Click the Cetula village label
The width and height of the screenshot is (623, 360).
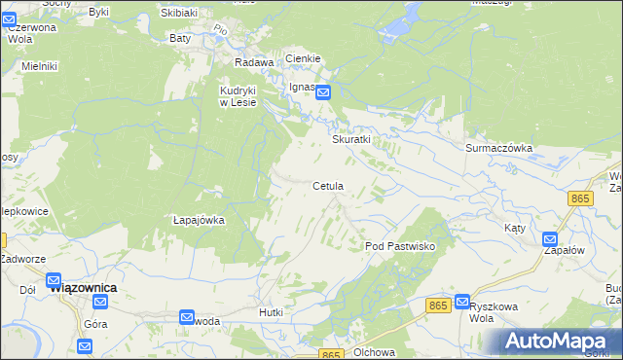328,186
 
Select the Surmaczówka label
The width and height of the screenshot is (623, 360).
498,148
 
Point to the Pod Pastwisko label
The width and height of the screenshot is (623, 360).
406,246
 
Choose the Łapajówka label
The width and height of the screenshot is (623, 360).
198,220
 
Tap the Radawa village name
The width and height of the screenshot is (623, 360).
253,61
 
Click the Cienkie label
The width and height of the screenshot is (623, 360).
304,59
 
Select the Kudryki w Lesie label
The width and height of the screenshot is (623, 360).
238,95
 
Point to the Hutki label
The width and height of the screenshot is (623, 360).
271,312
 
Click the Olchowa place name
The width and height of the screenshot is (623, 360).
372,352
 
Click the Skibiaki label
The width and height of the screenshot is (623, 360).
181,13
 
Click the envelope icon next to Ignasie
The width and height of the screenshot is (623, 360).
324,92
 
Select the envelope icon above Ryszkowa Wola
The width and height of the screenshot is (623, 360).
462,302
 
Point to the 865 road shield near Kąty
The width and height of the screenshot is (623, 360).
581,198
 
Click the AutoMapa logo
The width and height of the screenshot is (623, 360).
557,342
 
